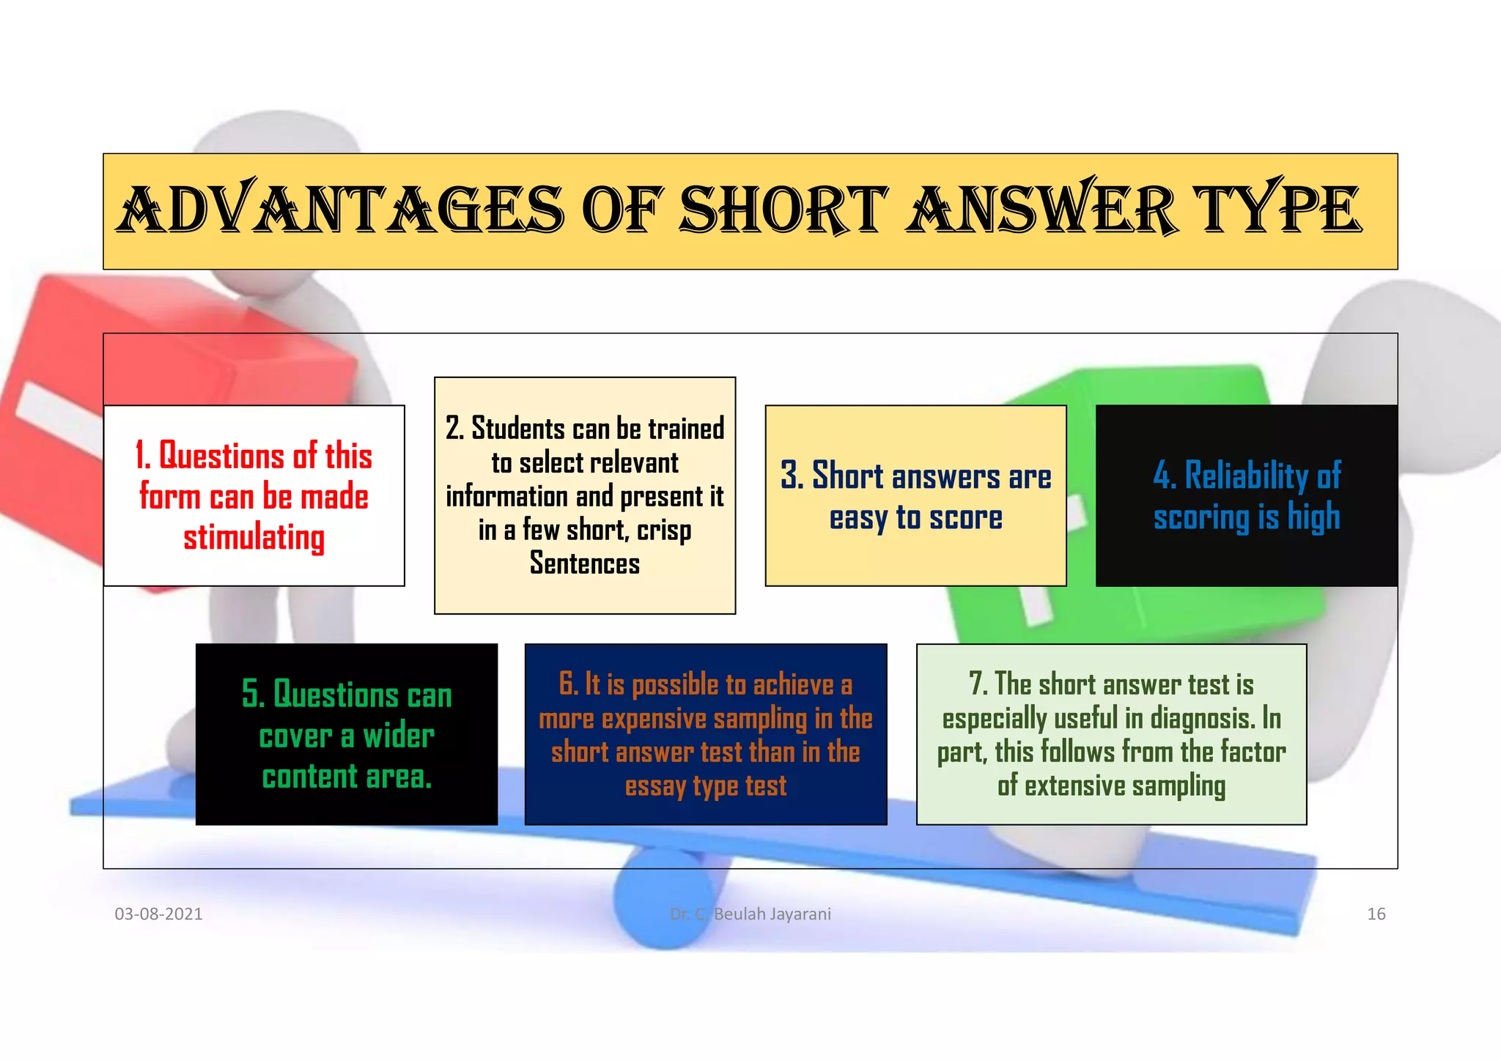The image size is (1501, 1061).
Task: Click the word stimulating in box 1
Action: tap(254, 538)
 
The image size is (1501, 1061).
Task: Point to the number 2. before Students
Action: tap(454, 429)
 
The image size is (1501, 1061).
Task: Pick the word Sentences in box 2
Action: tap(585, 563)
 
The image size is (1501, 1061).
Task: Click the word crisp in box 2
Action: tap(664, 530)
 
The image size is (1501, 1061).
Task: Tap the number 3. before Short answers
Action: tap(792, 476)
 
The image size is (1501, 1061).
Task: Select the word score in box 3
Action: tap(965, 517)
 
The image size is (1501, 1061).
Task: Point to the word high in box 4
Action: tap(1314, 517)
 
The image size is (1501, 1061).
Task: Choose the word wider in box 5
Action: tap(399, 736)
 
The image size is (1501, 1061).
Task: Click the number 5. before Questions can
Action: tap(253, 694)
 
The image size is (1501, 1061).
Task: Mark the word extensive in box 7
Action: tap(1074, 786)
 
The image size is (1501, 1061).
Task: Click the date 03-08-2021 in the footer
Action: tap(158, 914)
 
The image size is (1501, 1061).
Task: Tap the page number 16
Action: tap(1376, 914)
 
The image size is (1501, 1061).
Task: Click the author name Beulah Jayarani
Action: tap(772, 914)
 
